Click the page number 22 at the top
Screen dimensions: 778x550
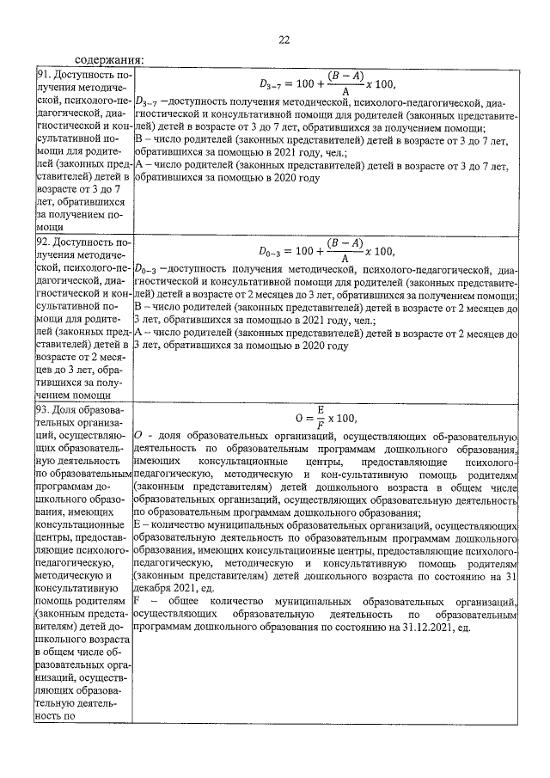[x=284, y=39]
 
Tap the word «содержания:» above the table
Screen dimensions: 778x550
[x=109, y=61]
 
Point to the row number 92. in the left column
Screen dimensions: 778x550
[x=44, y=242]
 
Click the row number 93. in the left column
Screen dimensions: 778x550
[x=44, y=410]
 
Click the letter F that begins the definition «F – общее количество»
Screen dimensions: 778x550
[x=138, y=603]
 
